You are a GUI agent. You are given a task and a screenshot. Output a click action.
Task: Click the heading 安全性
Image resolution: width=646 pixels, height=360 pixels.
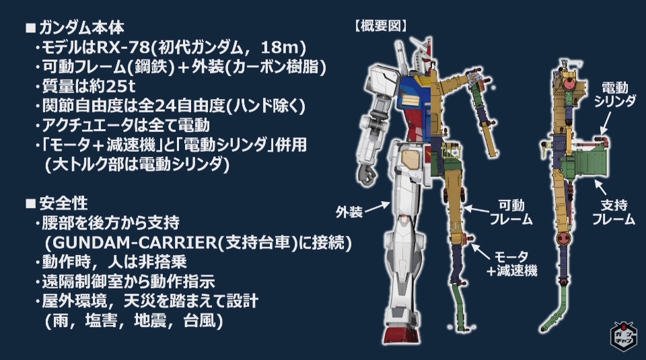coord(67,203)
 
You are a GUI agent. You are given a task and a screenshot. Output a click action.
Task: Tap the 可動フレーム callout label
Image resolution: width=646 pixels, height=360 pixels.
coord(511,212)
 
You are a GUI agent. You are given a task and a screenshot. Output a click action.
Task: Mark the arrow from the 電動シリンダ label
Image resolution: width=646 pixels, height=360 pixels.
coord(604,121)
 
